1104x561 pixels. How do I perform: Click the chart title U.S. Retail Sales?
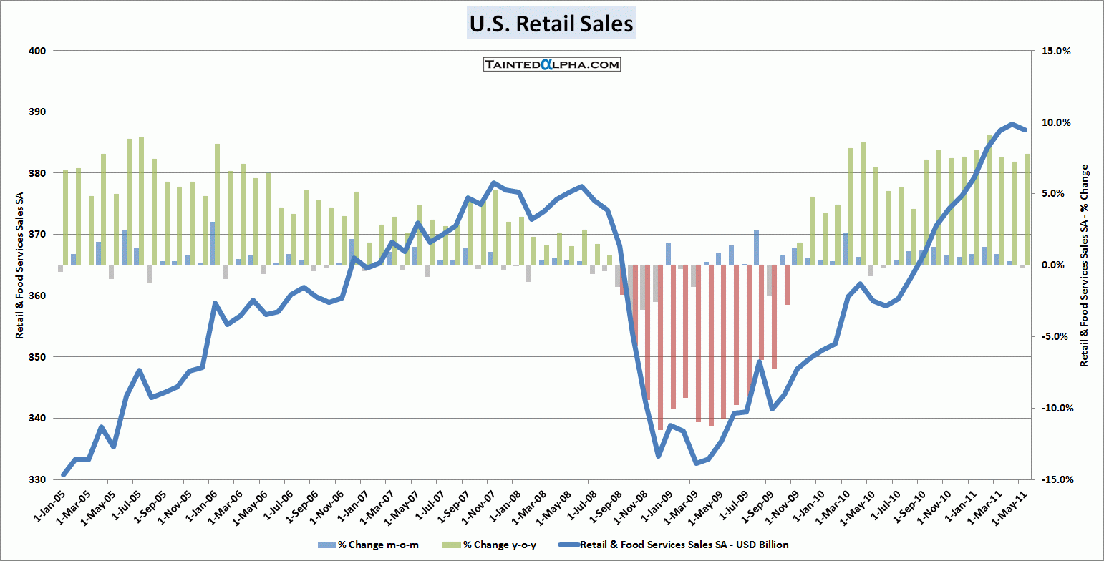pos(551,24)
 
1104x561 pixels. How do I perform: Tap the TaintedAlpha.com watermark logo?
pos(551,64)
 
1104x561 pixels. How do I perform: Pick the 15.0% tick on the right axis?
pos(1056,51)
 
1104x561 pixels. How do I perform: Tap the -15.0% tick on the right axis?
pos(1055,479)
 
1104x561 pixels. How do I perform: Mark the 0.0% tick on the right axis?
pos(1057,265)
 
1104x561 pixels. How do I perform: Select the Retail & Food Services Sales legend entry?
pos(684,545)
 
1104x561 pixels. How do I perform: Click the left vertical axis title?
pos(19,265)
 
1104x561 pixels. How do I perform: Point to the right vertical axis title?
pos(1085,265)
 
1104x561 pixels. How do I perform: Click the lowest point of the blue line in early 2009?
pos(696,463)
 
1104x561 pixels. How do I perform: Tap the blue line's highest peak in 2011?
pos(1012,125)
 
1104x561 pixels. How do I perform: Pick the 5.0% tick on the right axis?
pos(1057,194)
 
